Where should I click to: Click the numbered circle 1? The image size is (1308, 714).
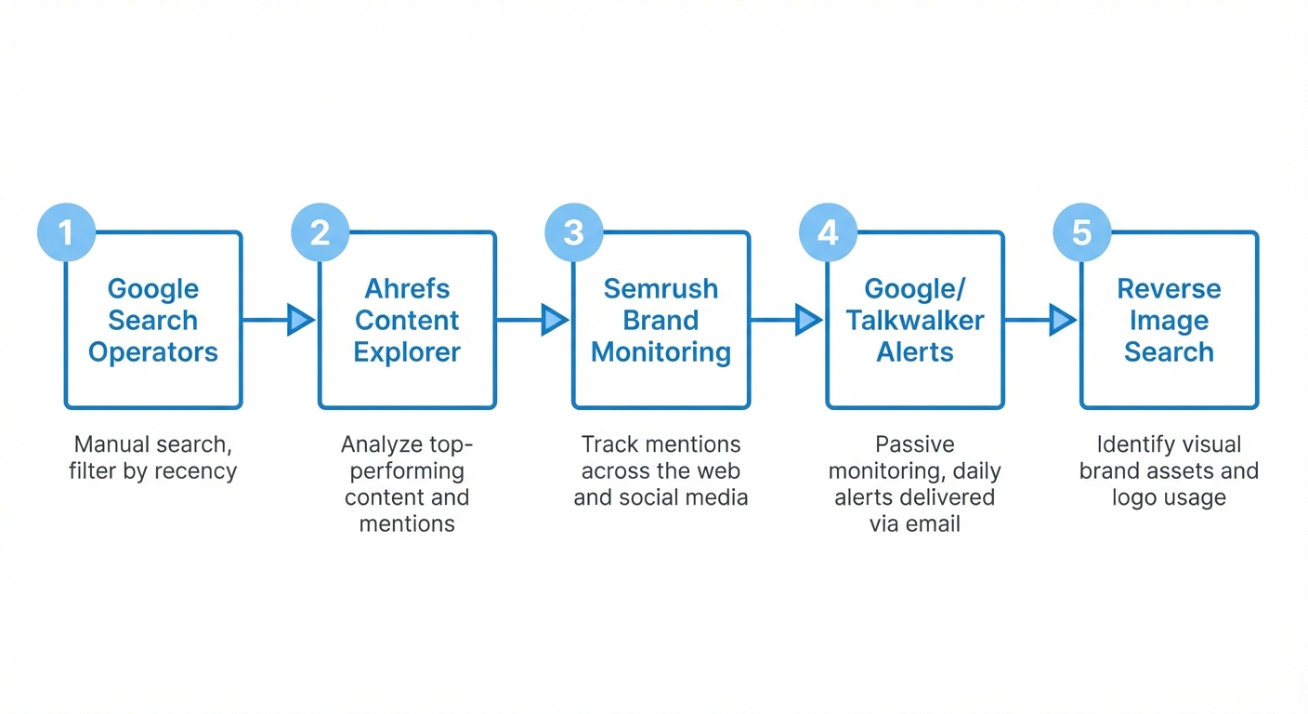(66, 231)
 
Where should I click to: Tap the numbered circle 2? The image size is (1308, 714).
(320, 231)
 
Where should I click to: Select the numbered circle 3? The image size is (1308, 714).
(574, 231)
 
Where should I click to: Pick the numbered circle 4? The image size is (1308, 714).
(828, 231)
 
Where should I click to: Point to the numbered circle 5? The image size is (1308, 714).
(1082, 231)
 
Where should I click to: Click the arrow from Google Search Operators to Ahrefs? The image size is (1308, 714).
(280, 320)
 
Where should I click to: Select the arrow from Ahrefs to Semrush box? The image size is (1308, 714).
(533, 320)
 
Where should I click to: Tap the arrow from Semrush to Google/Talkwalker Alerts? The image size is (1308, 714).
(788, 320)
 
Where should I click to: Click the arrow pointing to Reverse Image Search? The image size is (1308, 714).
(1041, 320)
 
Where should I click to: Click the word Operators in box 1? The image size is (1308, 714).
(153, 352)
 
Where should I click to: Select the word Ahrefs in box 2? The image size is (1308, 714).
(407, 289)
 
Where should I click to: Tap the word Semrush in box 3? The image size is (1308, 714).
(661, 289)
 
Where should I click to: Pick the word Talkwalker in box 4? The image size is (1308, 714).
(915, 321)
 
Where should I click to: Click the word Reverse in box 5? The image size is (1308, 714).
(1169, 289)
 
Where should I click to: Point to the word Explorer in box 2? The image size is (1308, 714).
(407, 352)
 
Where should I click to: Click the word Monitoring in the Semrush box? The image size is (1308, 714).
(661, 352)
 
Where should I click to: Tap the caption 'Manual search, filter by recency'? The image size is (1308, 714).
(153, 457)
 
